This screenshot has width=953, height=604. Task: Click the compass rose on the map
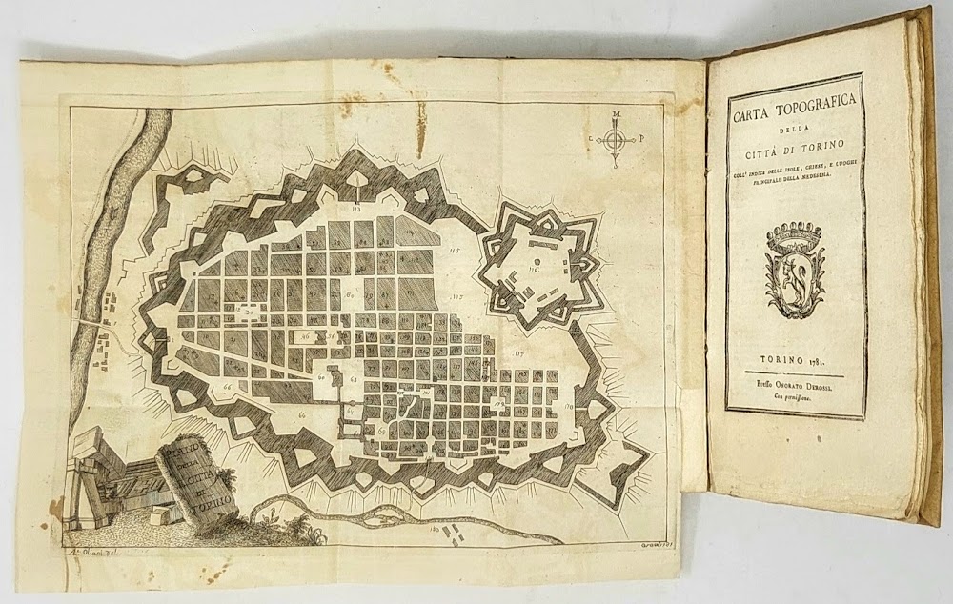pos(617,141)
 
